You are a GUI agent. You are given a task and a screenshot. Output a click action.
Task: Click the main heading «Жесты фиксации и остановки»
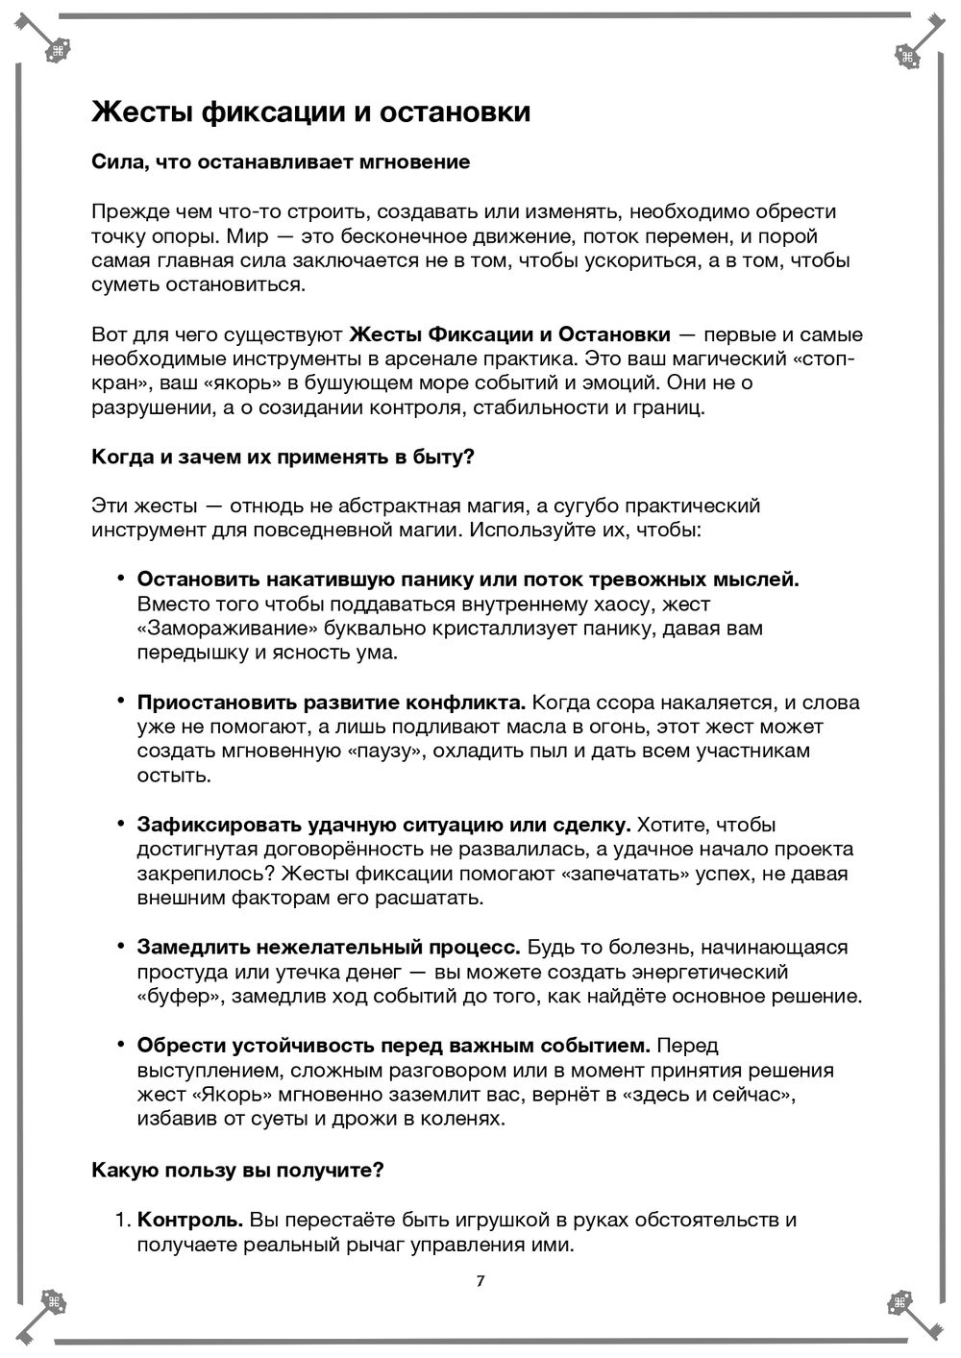[310, 112]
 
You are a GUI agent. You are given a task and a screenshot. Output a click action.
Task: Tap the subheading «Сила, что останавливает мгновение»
[281, 162]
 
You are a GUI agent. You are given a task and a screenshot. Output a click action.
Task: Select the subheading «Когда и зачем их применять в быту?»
[283, 457]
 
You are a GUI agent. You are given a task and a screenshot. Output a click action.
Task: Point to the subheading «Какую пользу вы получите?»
[237, 1171]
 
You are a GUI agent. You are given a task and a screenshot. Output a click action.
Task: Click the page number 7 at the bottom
[480, 1280]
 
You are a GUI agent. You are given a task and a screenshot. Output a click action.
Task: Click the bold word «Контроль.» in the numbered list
[190, 1221]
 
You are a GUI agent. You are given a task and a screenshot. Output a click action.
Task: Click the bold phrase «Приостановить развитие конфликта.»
[331, 703]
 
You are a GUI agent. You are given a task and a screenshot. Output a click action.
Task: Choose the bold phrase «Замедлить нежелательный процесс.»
[329, 948]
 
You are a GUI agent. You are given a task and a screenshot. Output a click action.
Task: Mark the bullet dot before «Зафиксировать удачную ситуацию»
[121, 825]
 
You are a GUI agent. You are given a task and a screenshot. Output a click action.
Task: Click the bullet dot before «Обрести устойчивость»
[121, 1045]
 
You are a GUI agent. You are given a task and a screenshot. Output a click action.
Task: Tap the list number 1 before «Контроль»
[121, 1221]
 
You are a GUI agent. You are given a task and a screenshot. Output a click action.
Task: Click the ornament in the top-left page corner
[58, 53]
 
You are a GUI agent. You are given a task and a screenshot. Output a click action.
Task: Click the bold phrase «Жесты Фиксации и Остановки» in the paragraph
[509, 335]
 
